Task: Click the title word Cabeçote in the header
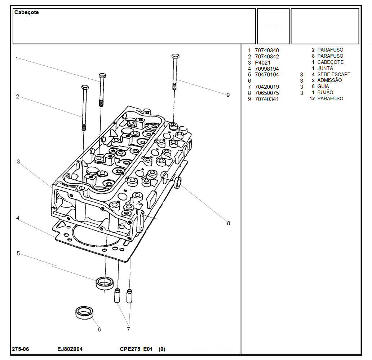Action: (26, 12)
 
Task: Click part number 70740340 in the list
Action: (267, 51)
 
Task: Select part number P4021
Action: (262, 63)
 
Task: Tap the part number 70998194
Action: (267, 69)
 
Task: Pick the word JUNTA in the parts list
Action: (325, 68)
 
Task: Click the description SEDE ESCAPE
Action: (334, 74)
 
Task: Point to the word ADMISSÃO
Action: (329, 80)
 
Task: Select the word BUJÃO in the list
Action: (325, 93)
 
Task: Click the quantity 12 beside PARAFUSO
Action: (312, 98)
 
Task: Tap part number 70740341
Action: (267, 99)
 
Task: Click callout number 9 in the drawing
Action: (228, 95)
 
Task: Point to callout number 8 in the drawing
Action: (228, 223)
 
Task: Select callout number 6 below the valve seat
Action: (99, 329)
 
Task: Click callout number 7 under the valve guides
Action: (128, 329)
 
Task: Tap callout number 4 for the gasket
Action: (17, 218)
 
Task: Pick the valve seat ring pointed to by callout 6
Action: (84, 312)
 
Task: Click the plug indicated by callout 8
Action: (177, 183)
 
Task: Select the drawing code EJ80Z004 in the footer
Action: (70, 349)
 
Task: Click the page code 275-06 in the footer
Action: (21, 349)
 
